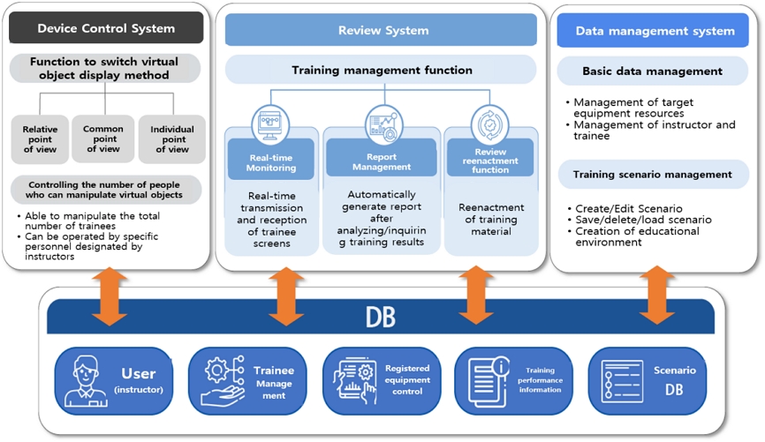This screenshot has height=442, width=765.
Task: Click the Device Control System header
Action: coord(106,29)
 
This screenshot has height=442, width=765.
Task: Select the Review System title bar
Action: coord(381,31)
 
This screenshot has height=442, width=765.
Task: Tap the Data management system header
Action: coord(655,31)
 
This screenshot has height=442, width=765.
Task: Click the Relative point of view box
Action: coord(40,139)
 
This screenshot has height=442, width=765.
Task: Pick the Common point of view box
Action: coord(102,139)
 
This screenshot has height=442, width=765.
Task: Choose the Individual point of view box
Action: coord(172,139)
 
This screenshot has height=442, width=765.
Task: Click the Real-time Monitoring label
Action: coord(271,161)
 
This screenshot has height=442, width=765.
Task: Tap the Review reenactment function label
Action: coord(490,161)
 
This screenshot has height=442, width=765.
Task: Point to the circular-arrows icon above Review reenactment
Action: coord(489,123)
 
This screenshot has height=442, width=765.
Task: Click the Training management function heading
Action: coord(382,70)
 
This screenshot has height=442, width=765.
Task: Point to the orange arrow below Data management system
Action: coord(656,295)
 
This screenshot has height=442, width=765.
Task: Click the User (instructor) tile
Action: coord(113,380)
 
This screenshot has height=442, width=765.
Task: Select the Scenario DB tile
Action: coord(647,380)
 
